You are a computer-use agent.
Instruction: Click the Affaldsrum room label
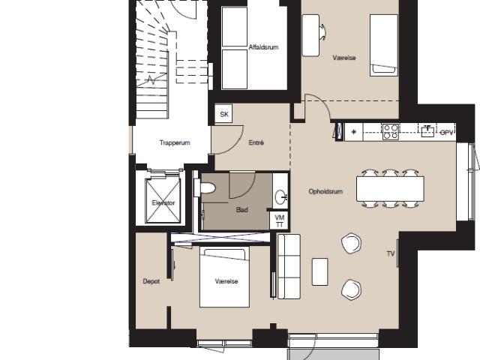click(x=263, y=47)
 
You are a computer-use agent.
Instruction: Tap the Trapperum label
click(x=175, y=142)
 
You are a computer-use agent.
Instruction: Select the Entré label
click(x=256, y=142)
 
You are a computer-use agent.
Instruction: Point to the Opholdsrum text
click(x=325, y=192)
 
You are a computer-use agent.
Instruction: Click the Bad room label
click(x=241, y=210)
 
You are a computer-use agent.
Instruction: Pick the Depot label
click(x=151, y=281)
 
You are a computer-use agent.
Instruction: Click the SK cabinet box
click(x=223, y=114)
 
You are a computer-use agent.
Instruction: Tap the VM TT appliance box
click(x=279, y=220)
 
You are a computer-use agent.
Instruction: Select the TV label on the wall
click(x=390, y=253)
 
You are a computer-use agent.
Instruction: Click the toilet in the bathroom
click(x=205, y=187)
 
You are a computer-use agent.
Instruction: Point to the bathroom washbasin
click(x=280, y=196)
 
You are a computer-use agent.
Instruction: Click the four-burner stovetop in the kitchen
click(x=391, y=132)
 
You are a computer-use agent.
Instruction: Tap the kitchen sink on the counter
click(x=427, y=131)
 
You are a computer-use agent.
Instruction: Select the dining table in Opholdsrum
click(x=390, y=188)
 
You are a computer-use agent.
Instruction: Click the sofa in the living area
click(x=289, y=266)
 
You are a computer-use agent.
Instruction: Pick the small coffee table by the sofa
click(x=320, y=271)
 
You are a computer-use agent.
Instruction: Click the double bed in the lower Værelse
click(x=225, y=277)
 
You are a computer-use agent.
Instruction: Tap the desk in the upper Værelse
click(x=310, y=35)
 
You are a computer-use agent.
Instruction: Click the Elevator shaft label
click(x=163, y=203)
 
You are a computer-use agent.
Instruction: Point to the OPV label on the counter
click(x=446, y=133)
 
